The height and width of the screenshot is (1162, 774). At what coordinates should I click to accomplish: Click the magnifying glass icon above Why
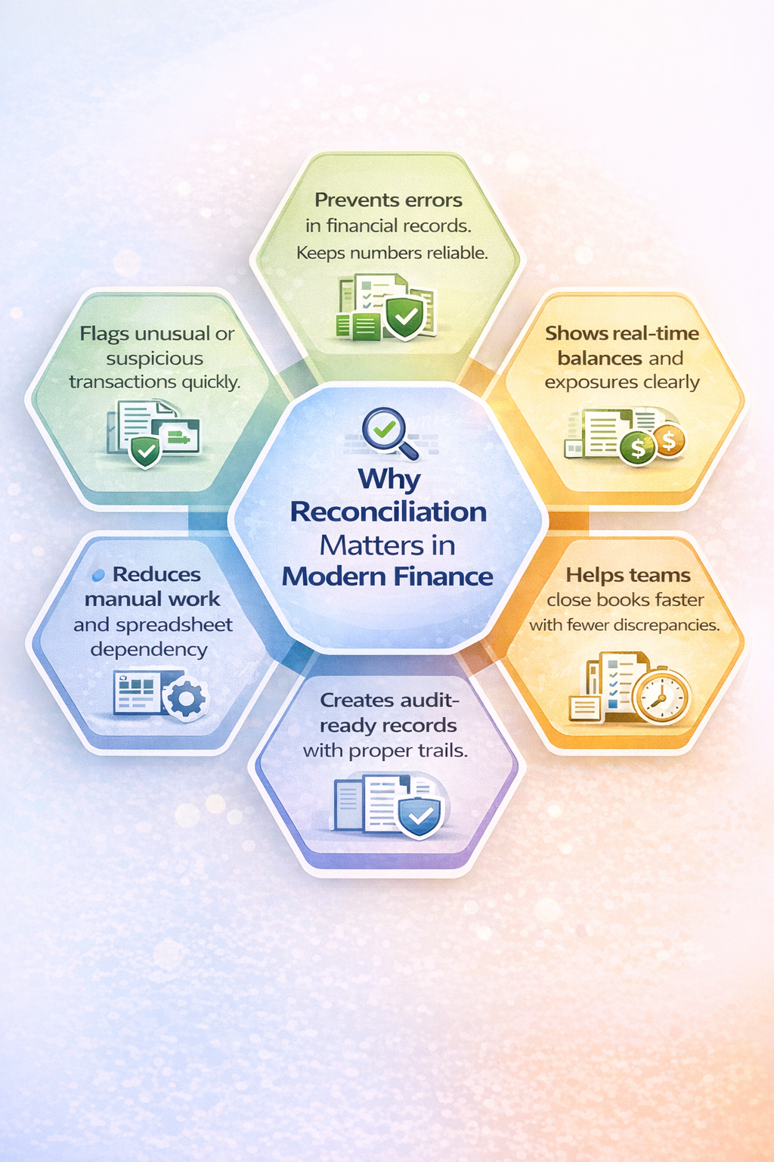click(389, 433)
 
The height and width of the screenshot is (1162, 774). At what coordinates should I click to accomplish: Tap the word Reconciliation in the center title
click(389, 512)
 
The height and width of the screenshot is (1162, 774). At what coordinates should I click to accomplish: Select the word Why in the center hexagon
click(389, 479)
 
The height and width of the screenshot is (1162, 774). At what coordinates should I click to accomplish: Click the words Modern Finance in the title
click(388, 577)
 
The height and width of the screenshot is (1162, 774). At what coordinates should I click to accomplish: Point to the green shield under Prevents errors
click(404, 318)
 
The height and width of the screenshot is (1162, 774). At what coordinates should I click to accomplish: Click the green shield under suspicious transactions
click(145, 452)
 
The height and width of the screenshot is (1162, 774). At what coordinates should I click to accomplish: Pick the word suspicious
click(155, 359)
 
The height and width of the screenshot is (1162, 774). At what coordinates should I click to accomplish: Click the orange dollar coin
click(668, 440)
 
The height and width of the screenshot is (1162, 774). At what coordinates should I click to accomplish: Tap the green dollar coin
click(637, 449)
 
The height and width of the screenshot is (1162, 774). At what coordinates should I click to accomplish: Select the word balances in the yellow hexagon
click(599, 359)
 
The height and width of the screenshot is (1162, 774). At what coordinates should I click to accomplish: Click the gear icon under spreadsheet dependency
click(185, 700)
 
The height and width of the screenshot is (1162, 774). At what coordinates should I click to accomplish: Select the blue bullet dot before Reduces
click(98, 576)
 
